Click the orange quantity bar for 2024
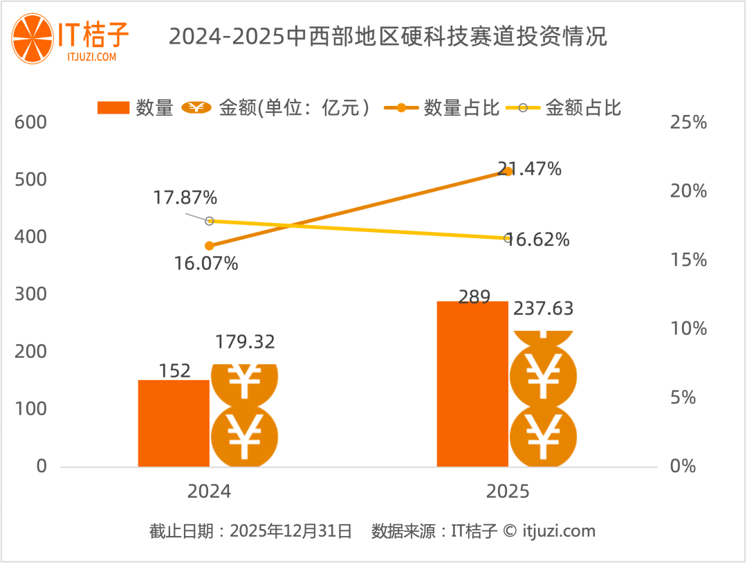(174, 423)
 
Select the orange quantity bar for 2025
(472, 384)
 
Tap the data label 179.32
(245, 342)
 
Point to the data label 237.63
(543, 309)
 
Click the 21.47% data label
(529, 168)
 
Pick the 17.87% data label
(185, 198)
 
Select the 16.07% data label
(206, 263)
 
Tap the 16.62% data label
(537, 240)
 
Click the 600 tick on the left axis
(32, 123)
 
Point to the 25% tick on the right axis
(688, 123)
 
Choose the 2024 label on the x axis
(209, 492)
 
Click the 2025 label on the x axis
(507, 492)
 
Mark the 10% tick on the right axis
(688, 328)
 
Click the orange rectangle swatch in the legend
(113, 108)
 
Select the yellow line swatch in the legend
(523, 108)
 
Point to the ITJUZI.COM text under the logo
(93, 57)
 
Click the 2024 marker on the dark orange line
(210, 246)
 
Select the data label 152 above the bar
(174, 371)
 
